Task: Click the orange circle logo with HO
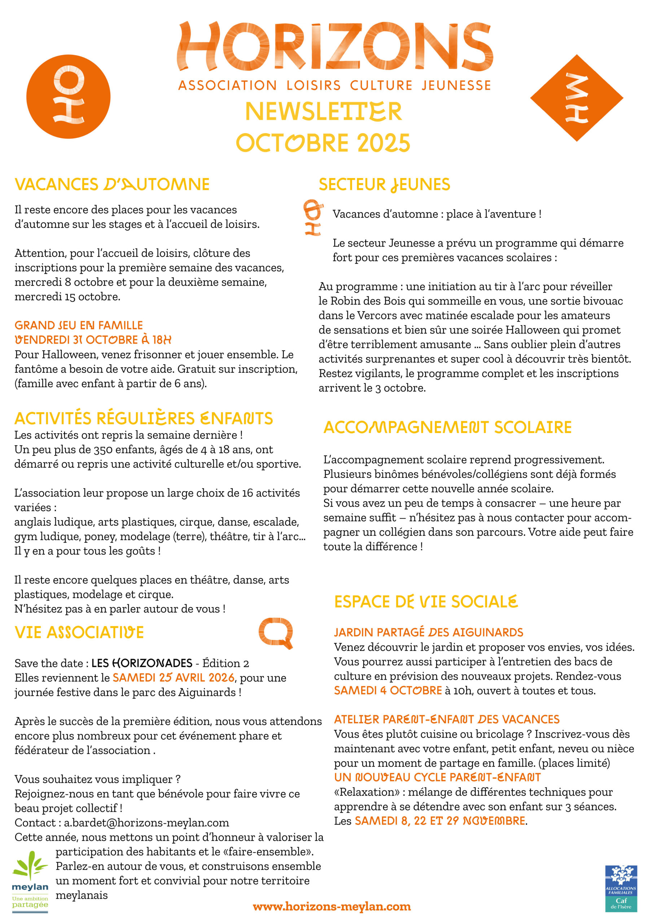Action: point(69,97)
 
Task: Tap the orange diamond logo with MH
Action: point(576,98)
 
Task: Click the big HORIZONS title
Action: point(335,46)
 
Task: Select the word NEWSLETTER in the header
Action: point(323,112)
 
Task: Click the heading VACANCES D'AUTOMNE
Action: point(112,184)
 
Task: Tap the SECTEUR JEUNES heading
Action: point(384,185)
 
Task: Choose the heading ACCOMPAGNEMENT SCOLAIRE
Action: point(447,427)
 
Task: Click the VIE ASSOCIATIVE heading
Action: point(79,633)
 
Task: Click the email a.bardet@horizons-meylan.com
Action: point(146,823)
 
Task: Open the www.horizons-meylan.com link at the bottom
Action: point(332,907)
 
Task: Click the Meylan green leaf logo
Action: point(30,881)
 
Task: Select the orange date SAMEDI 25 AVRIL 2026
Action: point(174,678)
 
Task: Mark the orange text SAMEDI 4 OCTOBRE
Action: point(388,690)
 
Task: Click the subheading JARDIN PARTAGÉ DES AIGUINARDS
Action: point(429,633)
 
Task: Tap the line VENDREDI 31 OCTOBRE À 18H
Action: point(93,340)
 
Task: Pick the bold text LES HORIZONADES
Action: point(142,663)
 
